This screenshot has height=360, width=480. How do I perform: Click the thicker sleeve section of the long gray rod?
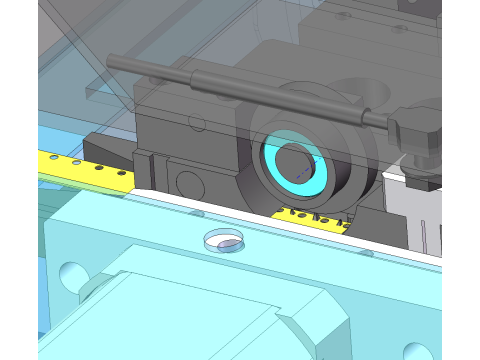(270, 94)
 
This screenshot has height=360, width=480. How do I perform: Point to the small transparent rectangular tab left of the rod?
(97, 93)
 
